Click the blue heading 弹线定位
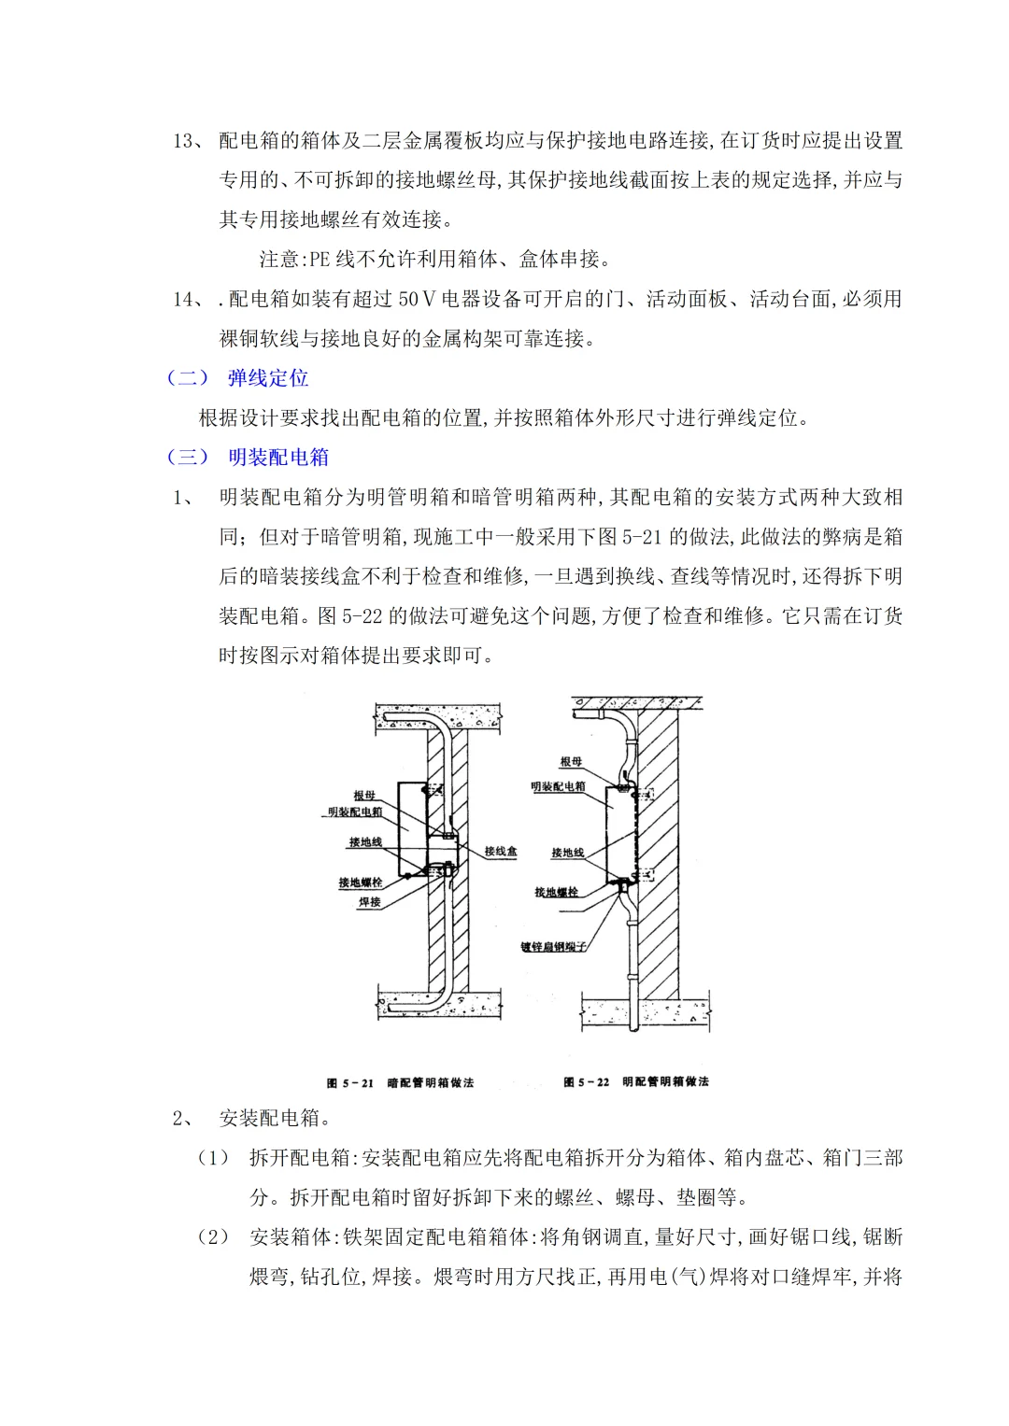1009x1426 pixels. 268,378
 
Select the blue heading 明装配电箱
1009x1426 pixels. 278,458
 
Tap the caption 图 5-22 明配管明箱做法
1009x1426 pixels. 636,1082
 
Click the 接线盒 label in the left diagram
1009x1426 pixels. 500,852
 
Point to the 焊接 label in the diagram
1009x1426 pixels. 370,902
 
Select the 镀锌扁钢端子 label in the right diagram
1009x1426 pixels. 554,947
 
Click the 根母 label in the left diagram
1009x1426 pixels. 364,795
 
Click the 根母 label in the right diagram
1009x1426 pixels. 571,762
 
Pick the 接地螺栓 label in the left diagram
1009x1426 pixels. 361,882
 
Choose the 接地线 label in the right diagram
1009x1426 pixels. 567,853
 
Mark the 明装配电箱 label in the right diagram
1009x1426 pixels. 558,786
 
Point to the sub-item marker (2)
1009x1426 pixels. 213,1237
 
